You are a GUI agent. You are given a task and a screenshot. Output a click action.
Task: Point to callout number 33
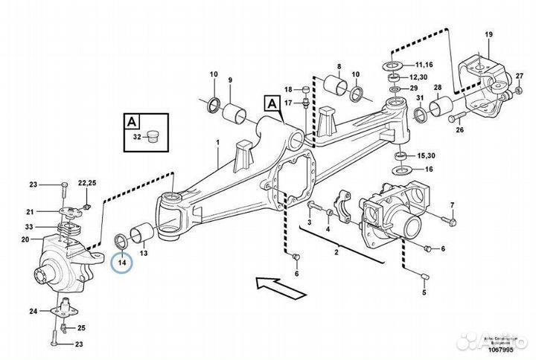(28, 226)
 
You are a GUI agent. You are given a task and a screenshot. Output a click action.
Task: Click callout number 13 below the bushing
(144, 253)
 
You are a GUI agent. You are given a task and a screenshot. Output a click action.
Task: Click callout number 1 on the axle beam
(217, 141)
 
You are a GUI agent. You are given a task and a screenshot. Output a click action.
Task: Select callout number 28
(437, 88)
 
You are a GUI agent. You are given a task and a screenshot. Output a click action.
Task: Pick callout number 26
(459, 130)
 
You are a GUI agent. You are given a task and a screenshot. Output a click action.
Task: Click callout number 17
(288, 102)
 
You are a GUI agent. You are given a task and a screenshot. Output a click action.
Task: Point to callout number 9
(230, 80)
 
